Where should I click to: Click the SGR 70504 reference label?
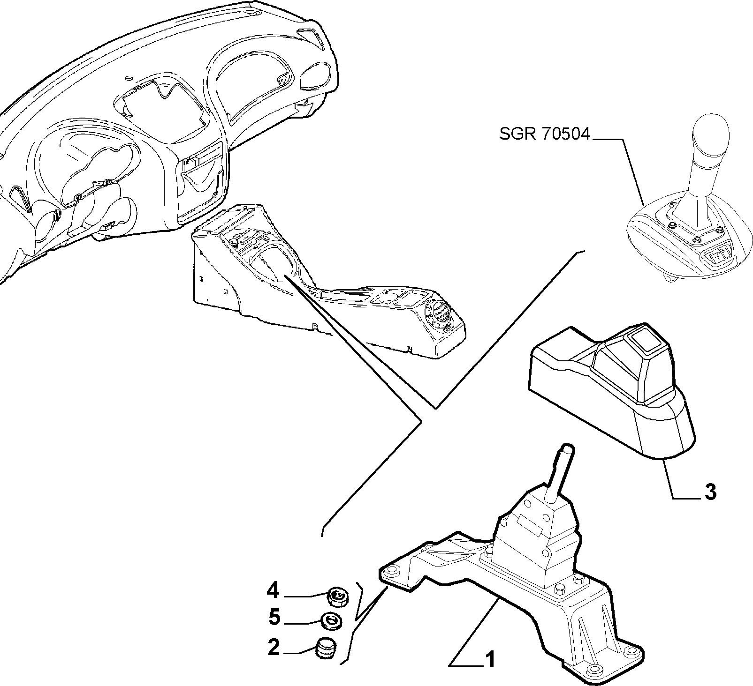pyautogui.click(x=544, y=135)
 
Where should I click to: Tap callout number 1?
pyautogui.click(x=489, y=660)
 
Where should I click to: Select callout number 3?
pyautogui.click(x=710, y=492)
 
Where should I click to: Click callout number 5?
pyautogui.click(x=274, y=618)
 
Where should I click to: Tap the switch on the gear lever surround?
pyautogui.click(x=717, y=256)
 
